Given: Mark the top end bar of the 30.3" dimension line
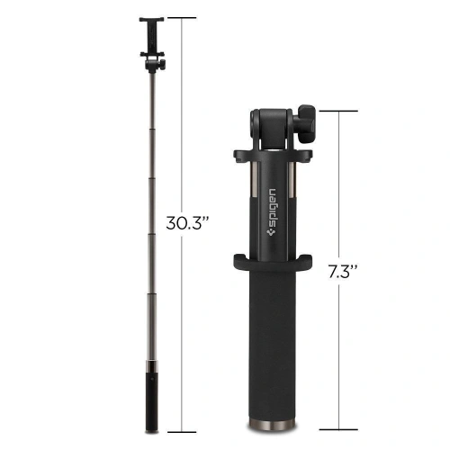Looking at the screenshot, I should (x=183, y=17).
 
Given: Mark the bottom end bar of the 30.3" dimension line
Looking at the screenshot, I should (x=183, y=432).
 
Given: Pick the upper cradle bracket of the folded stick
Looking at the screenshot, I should (x=274, y=155).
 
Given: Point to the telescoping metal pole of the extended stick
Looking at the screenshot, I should (x=151, y=207).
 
